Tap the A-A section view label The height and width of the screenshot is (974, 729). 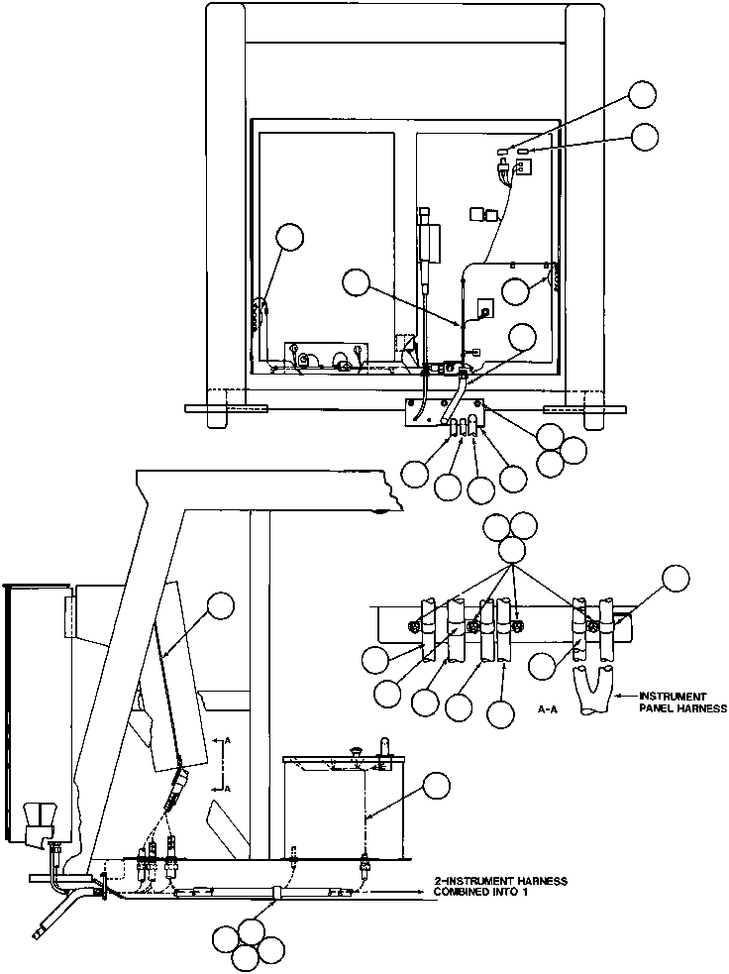pyautogui.click(x=551, y=709)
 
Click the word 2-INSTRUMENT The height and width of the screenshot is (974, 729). pyautogui.click(x=465, y=881)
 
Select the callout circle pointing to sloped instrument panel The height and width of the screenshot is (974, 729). pyautogui.click(x=220, y=606)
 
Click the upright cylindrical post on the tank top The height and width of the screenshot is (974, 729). pyautogui.click(x=383, y=745)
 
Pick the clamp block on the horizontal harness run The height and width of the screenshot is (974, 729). pyautogui.click(x=278, y=892)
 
